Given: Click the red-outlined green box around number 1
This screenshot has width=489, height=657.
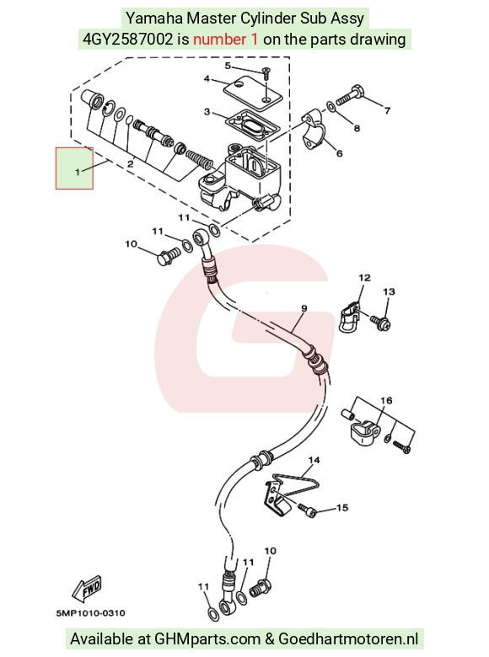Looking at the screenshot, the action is click(x=74, y=168).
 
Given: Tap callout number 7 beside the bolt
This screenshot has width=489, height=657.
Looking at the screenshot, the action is click(x=388, y=110).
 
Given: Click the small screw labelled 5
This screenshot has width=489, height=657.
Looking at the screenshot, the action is click(x=266, y=74).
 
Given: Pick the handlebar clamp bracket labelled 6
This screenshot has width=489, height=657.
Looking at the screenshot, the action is click(x=314, y=131).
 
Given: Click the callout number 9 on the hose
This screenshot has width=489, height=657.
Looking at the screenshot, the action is click(x=304, y=308).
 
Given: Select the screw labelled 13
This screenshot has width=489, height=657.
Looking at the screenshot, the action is click(x=380, y=322).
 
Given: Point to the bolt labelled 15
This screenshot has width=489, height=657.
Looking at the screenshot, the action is click(x=308, y=510).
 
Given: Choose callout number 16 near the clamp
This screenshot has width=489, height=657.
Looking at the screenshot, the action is click(x=386, y=401).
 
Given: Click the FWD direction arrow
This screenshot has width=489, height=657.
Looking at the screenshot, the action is click(x=87, y=587).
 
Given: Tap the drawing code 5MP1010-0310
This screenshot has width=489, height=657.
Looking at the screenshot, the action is click(x=90, y=613).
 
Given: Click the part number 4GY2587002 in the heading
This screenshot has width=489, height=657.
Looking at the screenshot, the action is click(x=127, y=40).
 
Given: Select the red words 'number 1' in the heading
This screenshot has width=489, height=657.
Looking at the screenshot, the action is click(x=226, y=40).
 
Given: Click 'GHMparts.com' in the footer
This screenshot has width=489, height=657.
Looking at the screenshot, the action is click(x=207, y=639).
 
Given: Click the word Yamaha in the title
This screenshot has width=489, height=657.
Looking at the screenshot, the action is click(x=154, y=19).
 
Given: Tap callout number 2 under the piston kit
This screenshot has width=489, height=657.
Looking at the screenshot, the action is click(x=131, y=164).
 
